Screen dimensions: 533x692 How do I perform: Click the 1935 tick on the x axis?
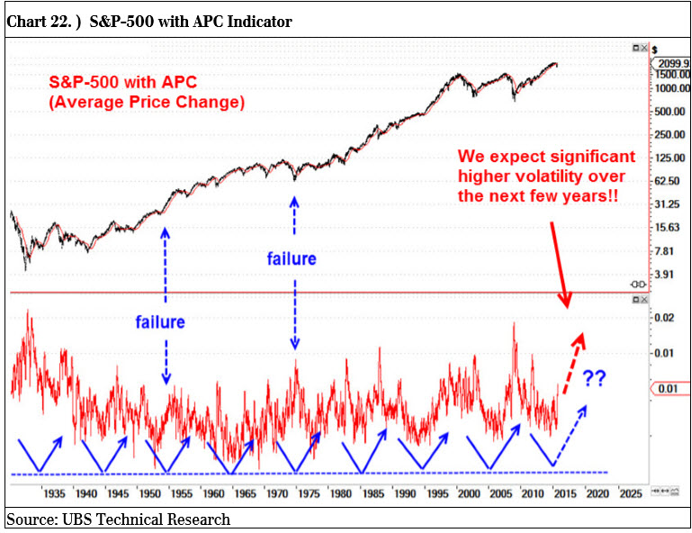click(53, 493)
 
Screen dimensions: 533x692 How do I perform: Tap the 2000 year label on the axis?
click(469, 493)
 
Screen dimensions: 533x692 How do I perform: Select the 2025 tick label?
click(629, 493)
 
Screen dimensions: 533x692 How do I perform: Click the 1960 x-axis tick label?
click(213, 493)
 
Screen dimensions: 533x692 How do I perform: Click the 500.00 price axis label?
click(669, 112)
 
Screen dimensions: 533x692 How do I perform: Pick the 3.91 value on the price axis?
click(664, 274)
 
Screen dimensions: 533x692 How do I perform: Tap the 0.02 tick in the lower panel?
click(665, 318)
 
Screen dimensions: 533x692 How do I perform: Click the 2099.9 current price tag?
click(671, 63)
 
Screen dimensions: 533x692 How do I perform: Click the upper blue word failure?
click(292, 259)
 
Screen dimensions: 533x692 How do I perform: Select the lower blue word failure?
click(160, 321)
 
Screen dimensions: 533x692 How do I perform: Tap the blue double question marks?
click(594, 378)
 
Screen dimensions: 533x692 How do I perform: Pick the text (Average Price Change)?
click(147, 102)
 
